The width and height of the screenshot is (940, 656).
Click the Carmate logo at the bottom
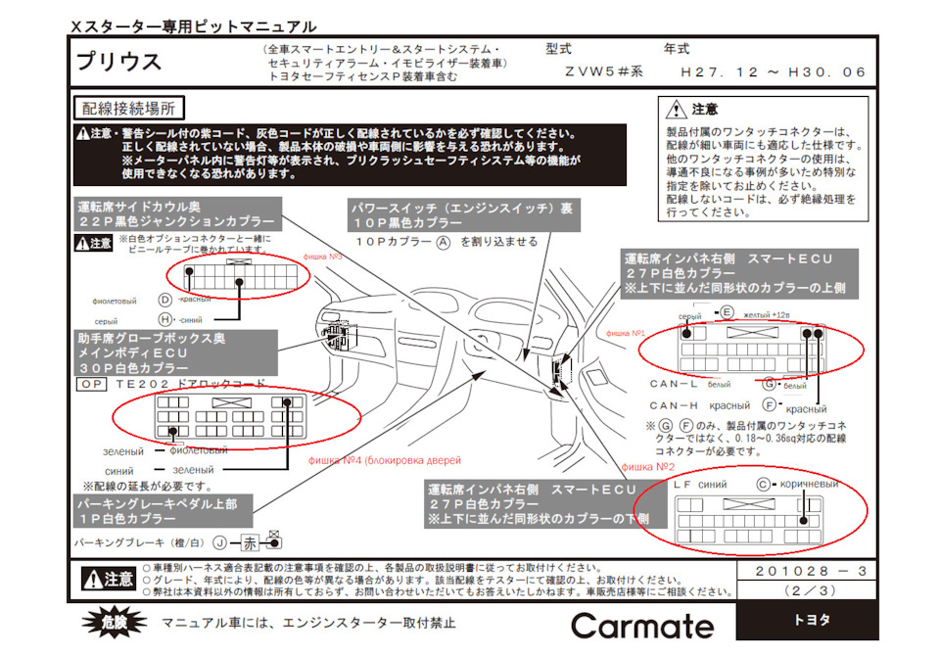(642, 627)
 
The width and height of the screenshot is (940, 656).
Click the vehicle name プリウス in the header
(119, 62)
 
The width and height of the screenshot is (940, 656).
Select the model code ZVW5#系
(603, 71)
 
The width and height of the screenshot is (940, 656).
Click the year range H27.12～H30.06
(775, 71)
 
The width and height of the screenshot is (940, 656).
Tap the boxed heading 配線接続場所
(129, 107)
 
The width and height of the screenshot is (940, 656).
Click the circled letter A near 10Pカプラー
(444, 240)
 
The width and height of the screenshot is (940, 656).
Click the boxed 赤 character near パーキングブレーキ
(251, 541)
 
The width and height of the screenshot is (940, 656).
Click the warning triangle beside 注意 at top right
(676, 110)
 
